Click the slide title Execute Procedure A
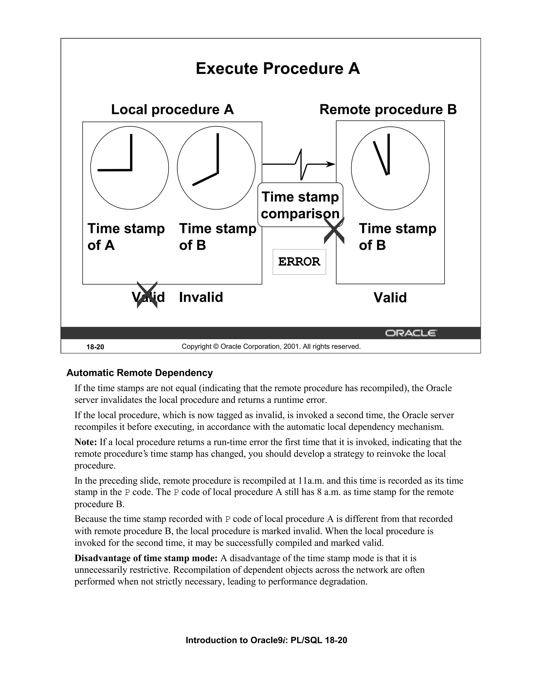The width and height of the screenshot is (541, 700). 278,69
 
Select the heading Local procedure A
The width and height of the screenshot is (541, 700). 172,110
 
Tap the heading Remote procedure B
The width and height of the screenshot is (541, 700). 388,110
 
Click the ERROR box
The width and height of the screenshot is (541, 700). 299,262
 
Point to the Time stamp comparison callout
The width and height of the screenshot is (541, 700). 300,205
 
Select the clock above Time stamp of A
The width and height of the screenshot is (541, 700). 129,168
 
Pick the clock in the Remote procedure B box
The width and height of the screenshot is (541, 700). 390,168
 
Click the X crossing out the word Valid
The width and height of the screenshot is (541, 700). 147,295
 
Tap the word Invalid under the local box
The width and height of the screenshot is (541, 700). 201,297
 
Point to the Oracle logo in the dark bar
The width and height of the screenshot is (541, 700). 411,333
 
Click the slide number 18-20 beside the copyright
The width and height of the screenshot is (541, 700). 95,347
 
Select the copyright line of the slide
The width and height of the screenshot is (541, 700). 271,347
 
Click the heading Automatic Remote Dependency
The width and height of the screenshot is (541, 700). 139,373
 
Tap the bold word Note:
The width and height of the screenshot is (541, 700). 86,442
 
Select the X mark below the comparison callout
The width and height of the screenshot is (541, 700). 334,231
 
